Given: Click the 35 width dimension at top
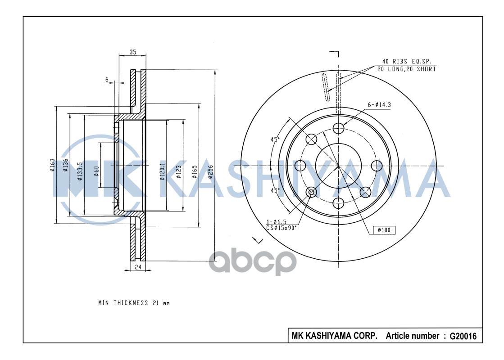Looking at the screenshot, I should (132, 52).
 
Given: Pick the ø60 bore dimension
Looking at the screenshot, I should (96, 171).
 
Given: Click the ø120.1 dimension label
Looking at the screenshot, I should (162, 173).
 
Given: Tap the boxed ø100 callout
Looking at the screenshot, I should (384, 230).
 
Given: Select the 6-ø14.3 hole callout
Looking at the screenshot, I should (379, 105).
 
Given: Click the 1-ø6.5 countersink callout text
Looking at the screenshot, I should (277, 222).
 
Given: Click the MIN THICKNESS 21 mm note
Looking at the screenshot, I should (134, 303).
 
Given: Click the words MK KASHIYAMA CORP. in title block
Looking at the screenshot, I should (335, 336).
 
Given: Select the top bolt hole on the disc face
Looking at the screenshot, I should (338, 128).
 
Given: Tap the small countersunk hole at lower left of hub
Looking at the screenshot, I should (311, 193).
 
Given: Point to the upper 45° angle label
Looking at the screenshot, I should (275, 139).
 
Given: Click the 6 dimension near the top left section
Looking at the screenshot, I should (107, 80).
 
